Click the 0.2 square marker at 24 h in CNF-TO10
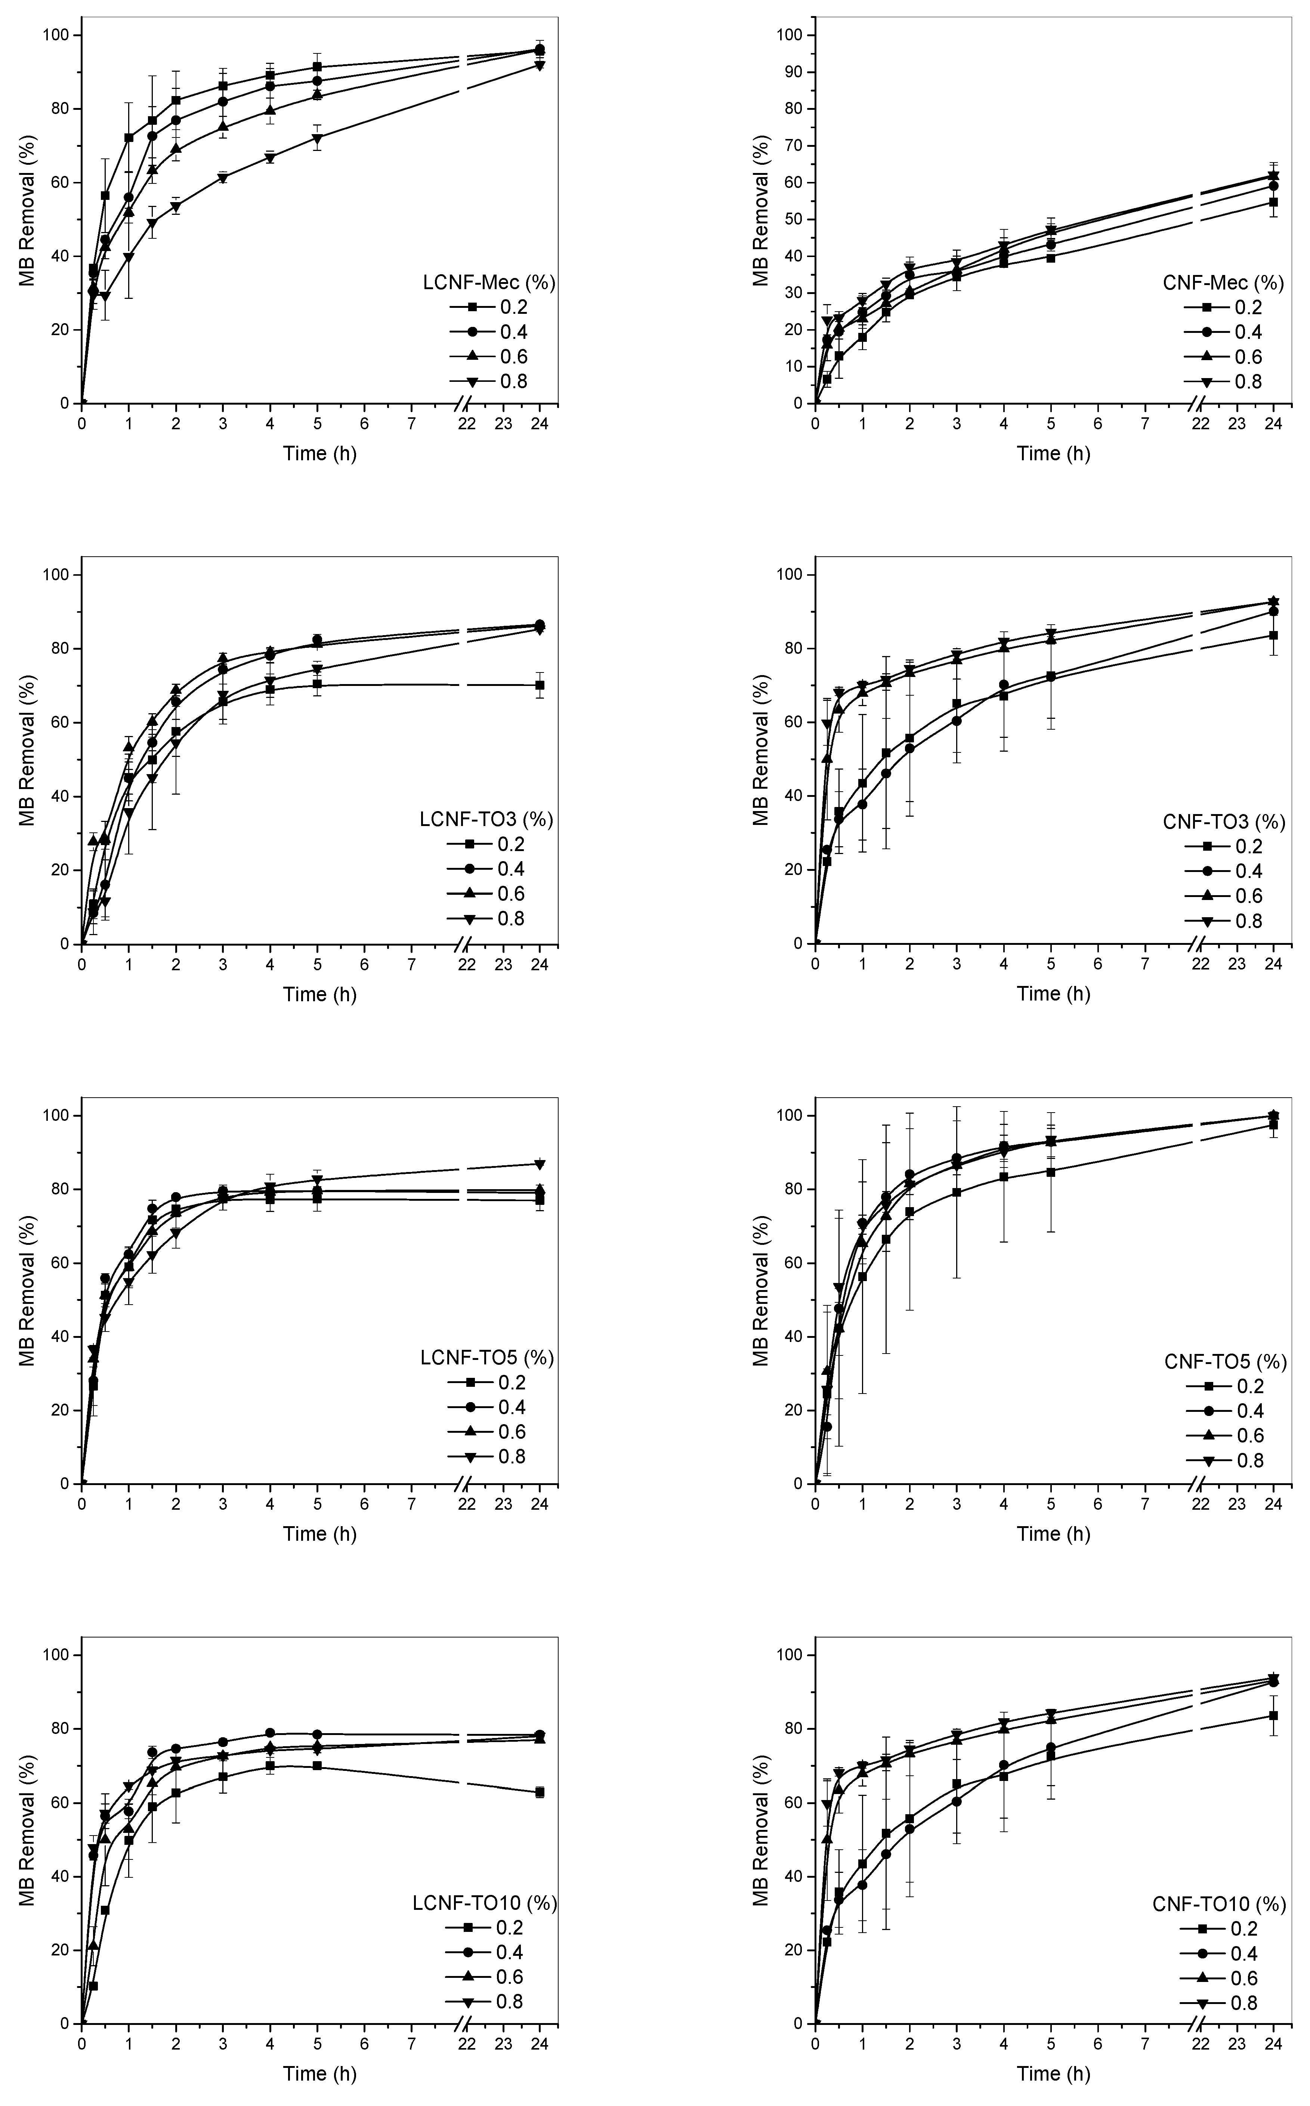pyautogui.click(x=1273, y=1715)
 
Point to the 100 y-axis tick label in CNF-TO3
pyautogui.click(x=788, y=575)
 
